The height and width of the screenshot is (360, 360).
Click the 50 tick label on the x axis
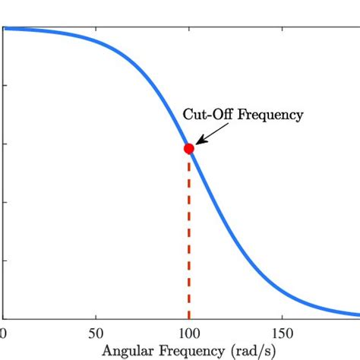[x=96, y=332]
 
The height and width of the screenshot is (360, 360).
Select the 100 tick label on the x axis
[x=189, y=332]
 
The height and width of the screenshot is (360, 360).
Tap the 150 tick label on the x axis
[x=283, y=332]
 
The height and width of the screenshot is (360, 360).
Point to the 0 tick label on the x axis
[x=3, y=332]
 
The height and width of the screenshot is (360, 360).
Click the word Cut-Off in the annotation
[x=208, y=115]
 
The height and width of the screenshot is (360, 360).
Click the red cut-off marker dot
[x=189, y=148]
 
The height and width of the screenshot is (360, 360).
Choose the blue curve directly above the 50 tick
[x=96, y=43]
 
